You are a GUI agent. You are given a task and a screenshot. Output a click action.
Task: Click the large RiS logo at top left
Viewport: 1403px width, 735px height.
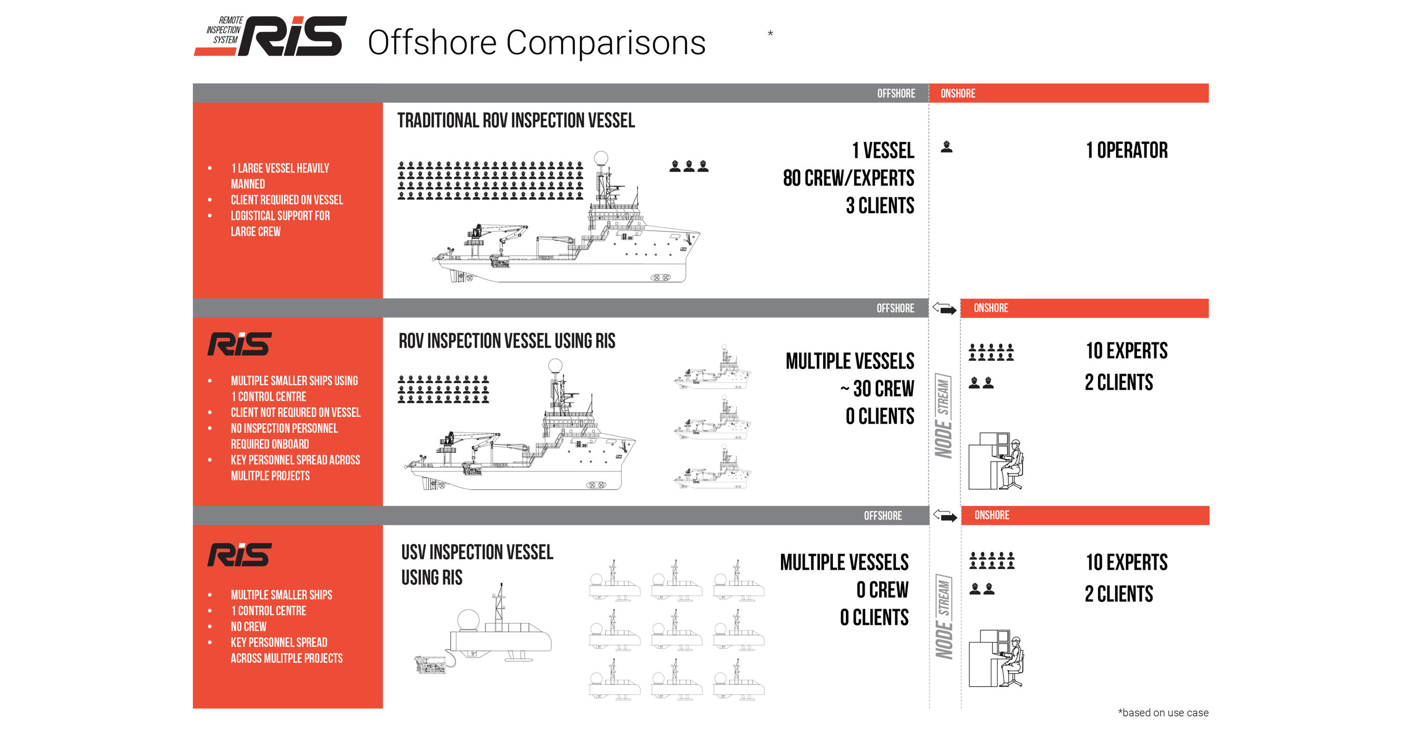click(271, 36)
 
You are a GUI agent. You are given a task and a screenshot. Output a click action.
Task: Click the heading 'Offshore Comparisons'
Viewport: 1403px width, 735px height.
click(536, 43)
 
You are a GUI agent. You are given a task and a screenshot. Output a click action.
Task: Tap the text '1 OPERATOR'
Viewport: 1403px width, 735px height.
click(1127, 150)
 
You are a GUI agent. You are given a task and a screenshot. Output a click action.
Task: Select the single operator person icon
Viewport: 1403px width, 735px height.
click(947, 147)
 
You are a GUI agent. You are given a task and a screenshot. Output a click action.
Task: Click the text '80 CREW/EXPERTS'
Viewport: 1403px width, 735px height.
click(849, 178)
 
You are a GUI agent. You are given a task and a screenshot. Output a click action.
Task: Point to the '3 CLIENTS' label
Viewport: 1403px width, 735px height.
click(880, 205)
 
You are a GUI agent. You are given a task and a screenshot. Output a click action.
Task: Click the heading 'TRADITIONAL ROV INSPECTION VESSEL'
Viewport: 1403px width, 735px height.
click(516, 121)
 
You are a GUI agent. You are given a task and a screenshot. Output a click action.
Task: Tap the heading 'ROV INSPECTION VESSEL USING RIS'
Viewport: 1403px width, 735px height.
click(507, 341)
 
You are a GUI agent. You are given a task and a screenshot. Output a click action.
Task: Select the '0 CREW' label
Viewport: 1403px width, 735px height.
click(882, 589)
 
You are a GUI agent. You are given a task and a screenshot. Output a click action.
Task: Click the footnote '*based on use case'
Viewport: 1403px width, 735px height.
click(1163, 713)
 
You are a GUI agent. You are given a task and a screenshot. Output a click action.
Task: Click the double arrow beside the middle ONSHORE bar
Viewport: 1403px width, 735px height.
click(944, 308)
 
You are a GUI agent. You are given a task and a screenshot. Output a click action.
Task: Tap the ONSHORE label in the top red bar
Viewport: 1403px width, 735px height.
click(958, 93)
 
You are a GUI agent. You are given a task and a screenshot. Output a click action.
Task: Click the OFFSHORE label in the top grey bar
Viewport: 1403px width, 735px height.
click(896, 93)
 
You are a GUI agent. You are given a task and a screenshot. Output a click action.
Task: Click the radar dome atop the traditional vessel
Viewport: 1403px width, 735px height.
click(601, 158)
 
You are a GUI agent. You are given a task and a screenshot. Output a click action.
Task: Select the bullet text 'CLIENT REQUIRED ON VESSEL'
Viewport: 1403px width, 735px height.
click(287, 200)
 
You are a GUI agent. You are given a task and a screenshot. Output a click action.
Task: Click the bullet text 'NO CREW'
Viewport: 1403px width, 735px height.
click(248, 626)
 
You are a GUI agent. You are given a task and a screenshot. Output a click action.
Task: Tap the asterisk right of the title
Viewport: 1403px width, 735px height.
click(770, 34)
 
